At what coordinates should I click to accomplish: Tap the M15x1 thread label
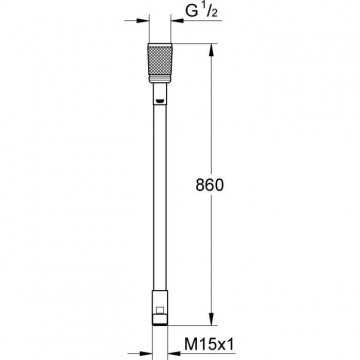tap(209, 344)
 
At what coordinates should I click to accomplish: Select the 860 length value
tap(210, 185)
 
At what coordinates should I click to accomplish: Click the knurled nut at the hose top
tap(160, 63)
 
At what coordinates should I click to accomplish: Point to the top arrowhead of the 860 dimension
tap(211, 50)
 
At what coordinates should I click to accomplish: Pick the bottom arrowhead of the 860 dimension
tap(211, 319)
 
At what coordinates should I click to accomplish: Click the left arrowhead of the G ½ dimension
tap(142, 21)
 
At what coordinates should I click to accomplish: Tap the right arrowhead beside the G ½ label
tap(177, 21)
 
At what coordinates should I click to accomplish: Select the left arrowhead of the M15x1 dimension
tap(145, 353)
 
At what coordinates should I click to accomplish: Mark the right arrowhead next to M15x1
tap(174, 353)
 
